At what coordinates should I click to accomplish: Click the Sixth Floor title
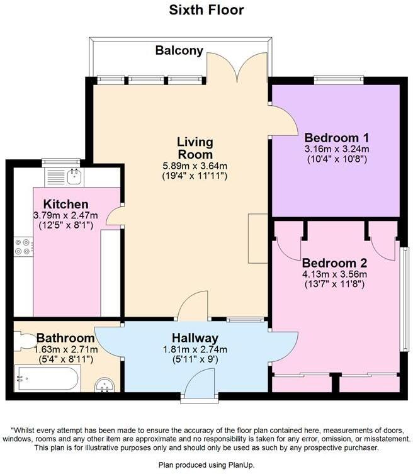tap(206, 10)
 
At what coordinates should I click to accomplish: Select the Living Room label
tap(195, 148)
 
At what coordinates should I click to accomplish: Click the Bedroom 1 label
tap(336, 138)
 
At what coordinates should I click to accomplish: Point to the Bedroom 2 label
tap(334, 262)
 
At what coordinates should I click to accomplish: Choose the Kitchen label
tap(65, 205)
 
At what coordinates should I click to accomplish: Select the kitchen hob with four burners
tap(23, 246)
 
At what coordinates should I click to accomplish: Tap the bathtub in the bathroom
tap(47, 379)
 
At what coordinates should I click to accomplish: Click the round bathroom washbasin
tap(105, 385)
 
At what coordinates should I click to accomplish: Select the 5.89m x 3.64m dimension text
tap(195, 166)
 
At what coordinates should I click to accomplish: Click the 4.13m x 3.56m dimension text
tap(334, 274)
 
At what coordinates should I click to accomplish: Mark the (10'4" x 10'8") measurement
tap(336, 159)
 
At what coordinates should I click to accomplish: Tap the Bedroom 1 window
tap(339, 79)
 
